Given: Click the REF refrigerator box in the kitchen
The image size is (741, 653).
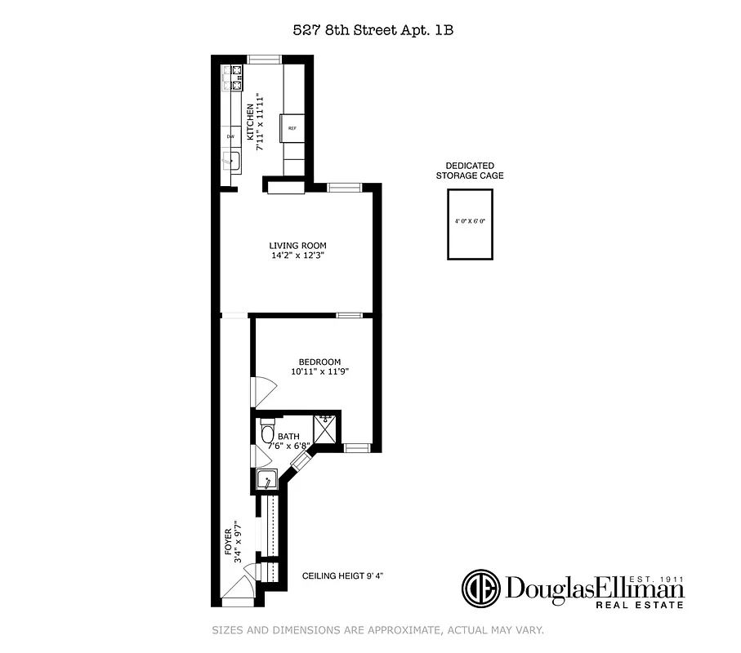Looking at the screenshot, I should point(292,129).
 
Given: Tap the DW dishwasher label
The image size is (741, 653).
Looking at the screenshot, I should point(230,136).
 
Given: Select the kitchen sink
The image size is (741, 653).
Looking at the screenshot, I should point(231,160).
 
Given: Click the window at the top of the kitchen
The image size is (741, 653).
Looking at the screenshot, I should point(264,58).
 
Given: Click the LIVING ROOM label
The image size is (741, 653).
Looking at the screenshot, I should point(297,246).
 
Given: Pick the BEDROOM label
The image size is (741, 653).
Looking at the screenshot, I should point(319,362).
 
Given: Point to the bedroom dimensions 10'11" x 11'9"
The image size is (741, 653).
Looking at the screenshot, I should point(319,372).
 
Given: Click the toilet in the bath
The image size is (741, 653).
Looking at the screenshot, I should point(267,429).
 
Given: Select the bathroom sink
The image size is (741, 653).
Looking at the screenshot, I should point(265,480).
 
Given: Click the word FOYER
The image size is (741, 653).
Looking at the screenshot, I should point(229,543).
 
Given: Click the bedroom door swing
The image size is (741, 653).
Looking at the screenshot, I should point(261,390).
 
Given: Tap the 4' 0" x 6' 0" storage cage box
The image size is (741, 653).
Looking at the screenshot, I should point(470,224).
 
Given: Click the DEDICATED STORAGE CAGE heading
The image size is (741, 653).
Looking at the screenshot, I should point(469,171).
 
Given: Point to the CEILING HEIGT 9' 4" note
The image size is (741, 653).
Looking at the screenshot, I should point(342,576).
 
